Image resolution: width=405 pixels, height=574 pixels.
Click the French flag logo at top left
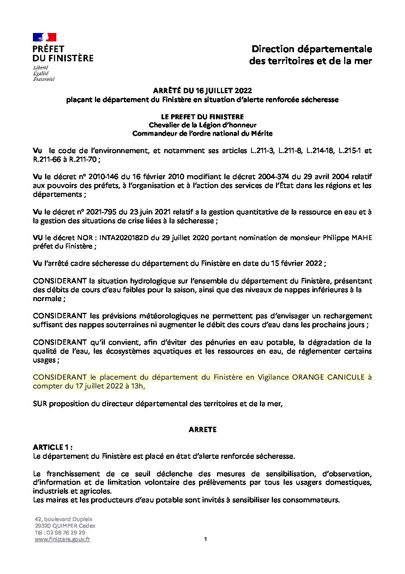pos(44,37)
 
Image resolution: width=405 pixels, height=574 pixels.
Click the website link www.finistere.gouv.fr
pos(62,539)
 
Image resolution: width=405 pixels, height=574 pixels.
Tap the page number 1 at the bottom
pos(206,539)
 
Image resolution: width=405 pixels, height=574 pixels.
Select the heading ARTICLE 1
pos(52,447)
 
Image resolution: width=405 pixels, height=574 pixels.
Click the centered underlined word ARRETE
pos(202,430)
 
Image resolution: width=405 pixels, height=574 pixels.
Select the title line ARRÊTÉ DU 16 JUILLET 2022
pos(202,90)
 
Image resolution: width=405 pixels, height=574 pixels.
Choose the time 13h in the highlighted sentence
pos(137,386)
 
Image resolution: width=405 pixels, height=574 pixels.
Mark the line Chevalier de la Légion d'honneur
pos(202,125)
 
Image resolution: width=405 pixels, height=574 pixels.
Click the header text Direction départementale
pos(312,49)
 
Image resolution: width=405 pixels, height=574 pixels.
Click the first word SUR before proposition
pos(40,403)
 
